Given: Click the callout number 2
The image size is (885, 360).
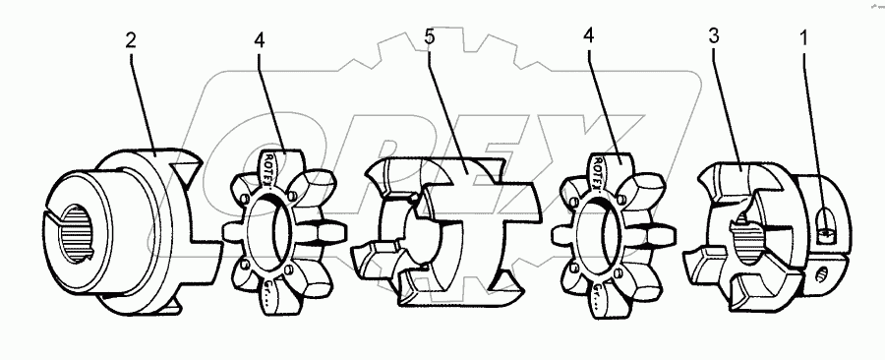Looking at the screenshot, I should click(131, 43).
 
